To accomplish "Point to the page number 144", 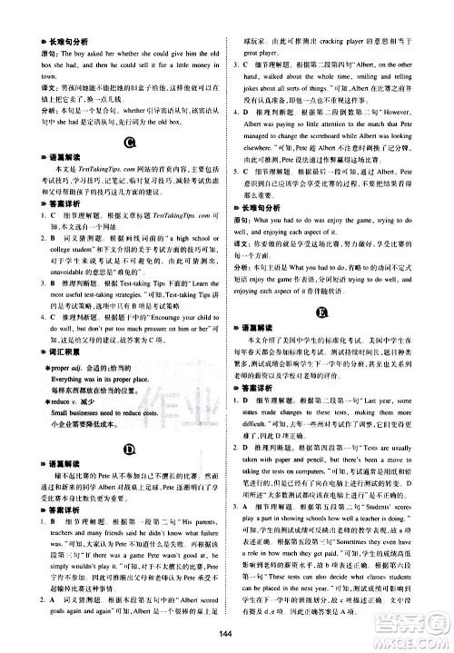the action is click(x=226, y=633).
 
